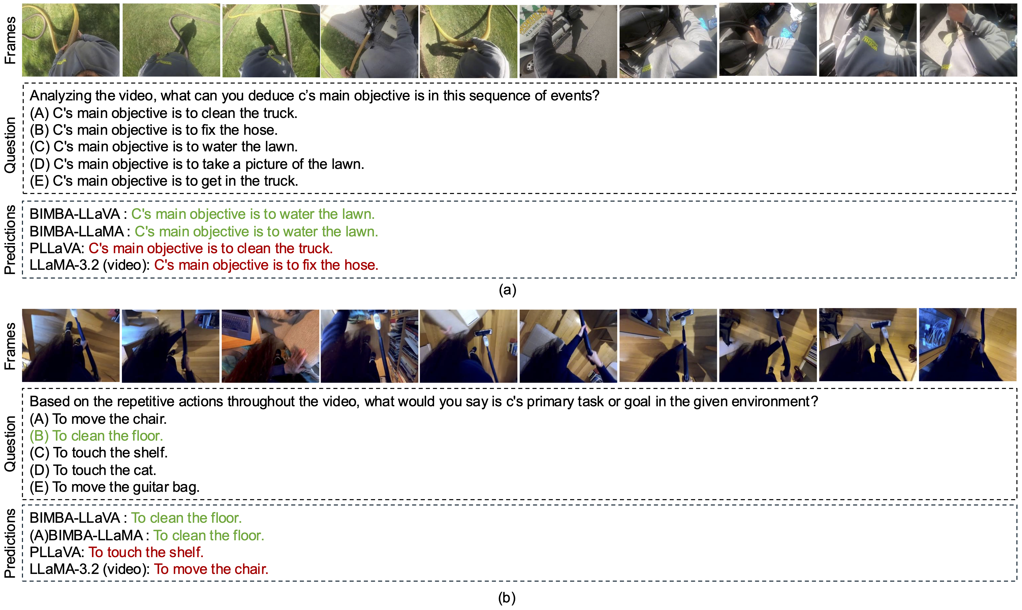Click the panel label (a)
(507, 290)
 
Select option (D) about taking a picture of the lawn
(197, 164)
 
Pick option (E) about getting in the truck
(164, 181)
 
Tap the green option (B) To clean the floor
(96, 436)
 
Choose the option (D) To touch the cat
(93, 470)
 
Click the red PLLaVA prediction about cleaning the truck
(210, 248)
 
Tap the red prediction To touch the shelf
(146, 552)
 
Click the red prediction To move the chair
(211, 569)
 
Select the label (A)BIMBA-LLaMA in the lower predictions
(86, 535)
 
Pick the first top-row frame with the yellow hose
(71, 40)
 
